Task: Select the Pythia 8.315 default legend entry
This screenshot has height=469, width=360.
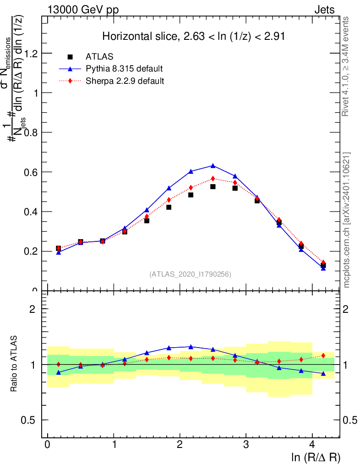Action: click(x=124, y=69)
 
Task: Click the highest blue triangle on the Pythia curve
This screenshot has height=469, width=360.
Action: click(x=213, y=165)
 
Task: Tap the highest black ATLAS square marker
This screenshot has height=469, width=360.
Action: click(x=213, y=187)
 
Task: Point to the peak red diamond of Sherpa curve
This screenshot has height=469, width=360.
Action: click(x=213, y=179)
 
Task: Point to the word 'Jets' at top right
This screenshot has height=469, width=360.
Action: click(x=324, y=10)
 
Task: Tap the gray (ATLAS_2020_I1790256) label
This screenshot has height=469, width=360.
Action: click(x=190, y=274)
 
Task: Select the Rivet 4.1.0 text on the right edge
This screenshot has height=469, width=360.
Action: click(x=347, y=66)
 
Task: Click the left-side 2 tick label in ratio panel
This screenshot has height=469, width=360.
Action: click(x=33, y=309)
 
